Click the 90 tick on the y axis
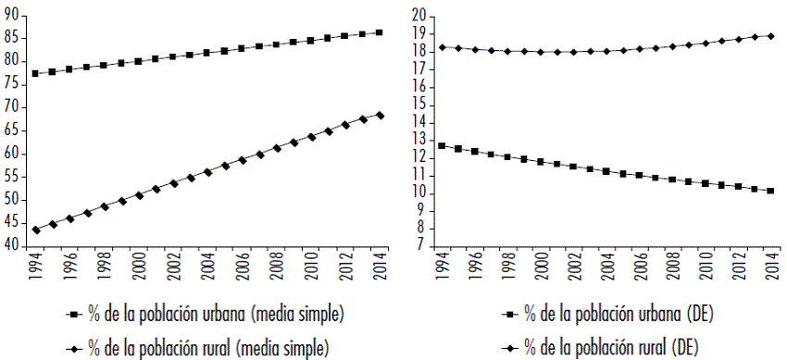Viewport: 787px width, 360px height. click(x=11, y=13)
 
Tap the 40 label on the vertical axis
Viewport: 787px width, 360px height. click(x=11, y=246)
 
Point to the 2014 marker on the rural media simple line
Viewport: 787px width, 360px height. click(x=381, y=115)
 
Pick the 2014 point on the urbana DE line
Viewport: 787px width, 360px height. click(x=770, y=191)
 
